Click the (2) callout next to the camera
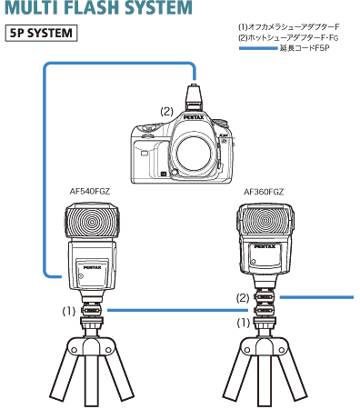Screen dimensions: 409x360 point(166,111)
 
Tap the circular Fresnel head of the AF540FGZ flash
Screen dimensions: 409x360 point(92,222)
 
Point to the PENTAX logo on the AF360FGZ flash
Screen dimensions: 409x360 point(265,246)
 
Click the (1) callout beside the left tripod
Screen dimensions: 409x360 point(69,310)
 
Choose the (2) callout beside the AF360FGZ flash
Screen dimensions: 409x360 point(243,297)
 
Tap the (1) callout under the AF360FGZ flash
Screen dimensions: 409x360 point(243,323)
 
